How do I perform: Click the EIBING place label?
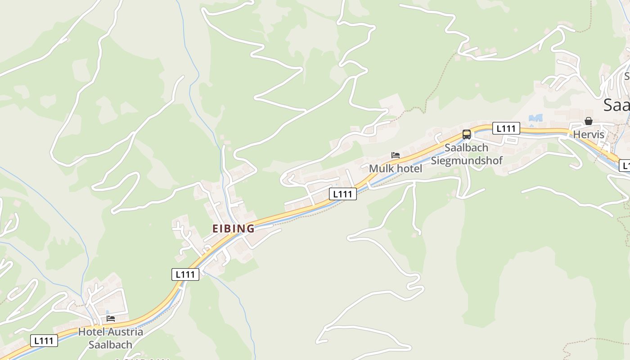(233, 229)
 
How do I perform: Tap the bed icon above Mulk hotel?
(396, 155)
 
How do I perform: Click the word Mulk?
(381, 169)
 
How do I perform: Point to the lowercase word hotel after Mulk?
(409, 169)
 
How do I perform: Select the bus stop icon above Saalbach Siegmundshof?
(467, 134)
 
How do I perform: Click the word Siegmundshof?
(467, 161)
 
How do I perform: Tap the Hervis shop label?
(588, 135)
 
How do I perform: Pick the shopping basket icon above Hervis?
(588, 121)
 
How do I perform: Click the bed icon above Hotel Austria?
(110, 319)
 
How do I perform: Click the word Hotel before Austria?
(91, 332)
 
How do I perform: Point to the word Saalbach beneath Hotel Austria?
(110, 345)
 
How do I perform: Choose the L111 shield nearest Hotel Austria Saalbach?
(44, 341)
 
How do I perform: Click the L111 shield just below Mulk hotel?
(343, 194)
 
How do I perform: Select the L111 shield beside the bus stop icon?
(506, 128)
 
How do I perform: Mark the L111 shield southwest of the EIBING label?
(185, 274)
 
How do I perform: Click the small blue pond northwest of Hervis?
(535, 118)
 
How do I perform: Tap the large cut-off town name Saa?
(616, 105)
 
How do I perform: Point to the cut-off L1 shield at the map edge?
(625, 166)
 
